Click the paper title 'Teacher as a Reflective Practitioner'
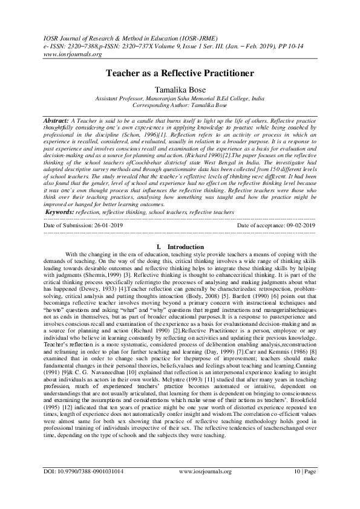(x=180, y=73)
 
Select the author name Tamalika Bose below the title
(x=180, y=89)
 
